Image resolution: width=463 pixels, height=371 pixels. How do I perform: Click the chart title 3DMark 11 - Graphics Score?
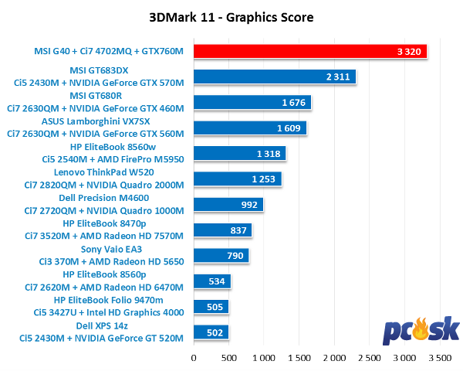click(231, 16)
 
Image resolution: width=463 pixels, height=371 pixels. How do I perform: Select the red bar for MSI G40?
click(309, 52)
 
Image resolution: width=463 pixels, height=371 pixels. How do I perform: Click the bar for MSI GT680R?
click(252, 103)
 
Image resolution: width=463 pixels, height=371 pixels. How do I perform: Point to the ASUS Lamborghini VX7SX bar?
click(249, 128)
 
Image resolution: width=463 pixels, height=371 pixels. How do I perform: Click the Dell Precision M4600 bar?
click(228, 205)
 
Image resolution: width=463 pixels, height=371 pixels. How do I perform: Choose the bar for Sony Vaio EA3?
click(221, 256)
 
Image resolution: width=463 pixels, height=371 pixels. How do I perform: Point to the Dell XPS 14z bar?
click(211, 332)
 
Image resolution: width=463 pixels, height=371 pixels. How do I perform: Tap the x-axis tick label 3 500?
click(440, 358)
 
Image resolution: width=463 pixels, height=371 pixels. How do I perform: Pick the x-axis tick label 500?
click(228, 358)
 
